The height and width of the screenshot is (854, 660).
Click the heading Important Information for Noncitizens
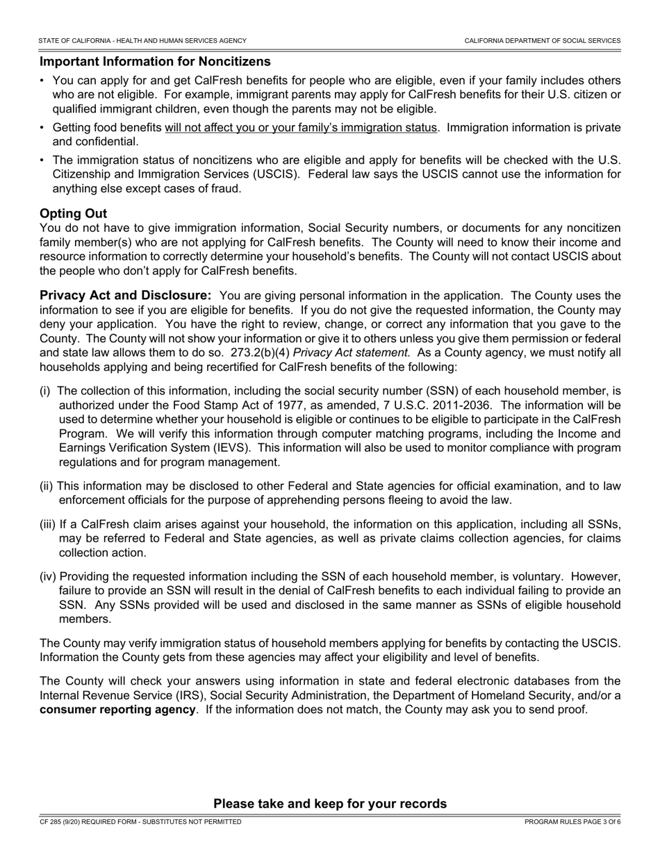(155, 62)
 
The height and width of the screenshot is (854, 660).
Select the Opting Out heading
(73, 213)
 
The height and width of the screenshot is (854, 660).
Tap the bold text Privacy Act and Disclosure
(125, 295)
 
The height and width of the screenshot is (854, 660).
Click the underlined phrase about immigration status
(301, 128)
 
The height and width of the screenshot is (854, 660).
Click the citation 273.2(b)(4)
(259, 353)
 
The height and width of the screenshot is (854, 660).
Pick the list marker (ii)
(47, 486)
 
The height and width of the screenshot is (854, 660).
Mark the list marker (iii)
(48, 524)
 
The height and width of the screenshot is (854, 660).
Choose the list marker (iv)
(48, 576)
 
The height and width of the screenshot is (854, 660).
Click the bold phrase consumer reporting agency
(117, 710)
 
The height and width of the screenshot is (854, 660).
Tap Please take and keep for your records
(330, 804)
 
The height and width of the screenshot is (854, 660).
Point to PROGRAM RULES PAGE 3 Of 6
(572, 822)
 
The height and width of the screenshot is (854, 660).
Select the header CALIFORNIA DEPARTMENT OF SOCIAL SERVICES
(542, 41)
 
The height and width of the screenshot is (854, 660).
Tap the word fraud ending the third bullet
(225, 188)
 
